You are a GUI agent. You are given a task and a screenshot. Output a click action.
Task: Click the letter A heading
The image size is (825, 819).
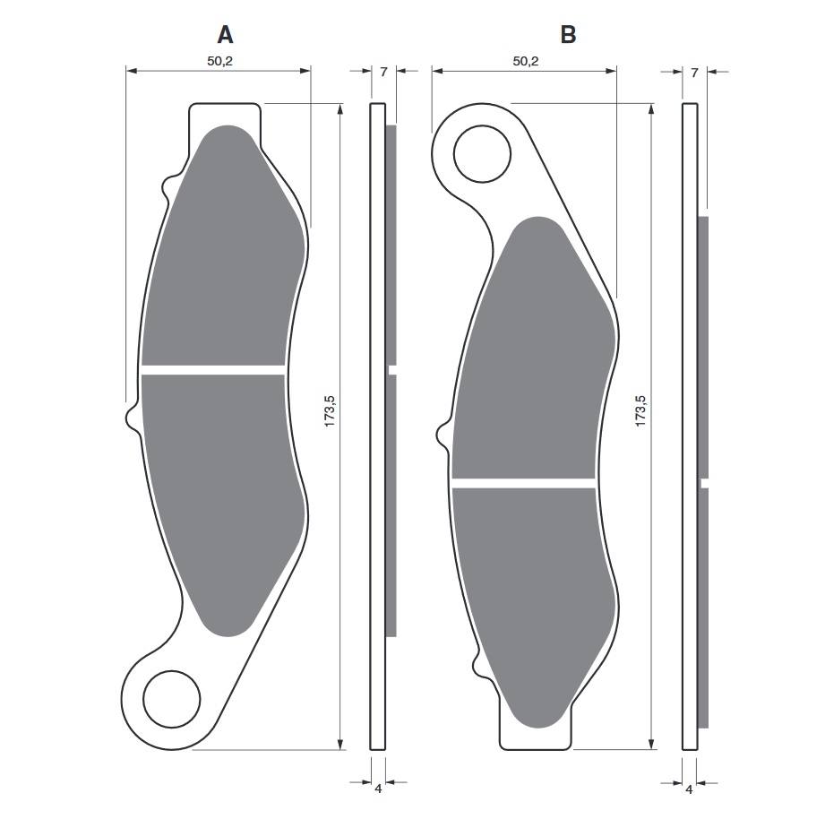225,35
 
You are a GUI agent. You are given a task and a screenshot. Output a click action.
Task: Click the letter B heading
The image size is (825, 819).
568,35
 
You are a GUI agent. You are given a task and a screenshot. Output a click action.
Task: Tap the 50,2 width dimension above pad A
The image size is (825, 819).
219,61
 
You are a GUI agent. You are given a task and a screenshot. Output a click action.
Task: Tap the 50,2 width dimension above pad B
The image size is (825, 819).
526,61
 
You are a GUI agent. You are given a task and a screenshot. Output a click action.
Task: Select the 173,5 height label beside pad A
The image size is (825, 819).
330,410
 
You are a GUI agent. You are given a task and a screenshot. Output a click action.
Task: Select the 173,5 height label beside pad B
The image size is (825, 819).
640,410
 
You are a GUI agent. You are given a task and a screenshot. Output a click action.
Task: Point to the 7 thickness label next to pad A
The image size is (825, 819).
383,72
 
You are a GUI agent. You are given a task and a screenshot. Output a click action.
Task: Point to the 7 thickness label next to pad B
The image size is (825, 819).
694,73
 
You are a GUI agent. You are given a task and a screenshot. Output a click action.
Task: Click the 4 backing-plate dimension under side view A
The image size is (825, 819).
378,789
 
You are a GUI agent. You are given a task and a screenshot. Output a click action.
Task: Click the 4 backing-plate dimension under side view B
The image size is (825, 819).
689,789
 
